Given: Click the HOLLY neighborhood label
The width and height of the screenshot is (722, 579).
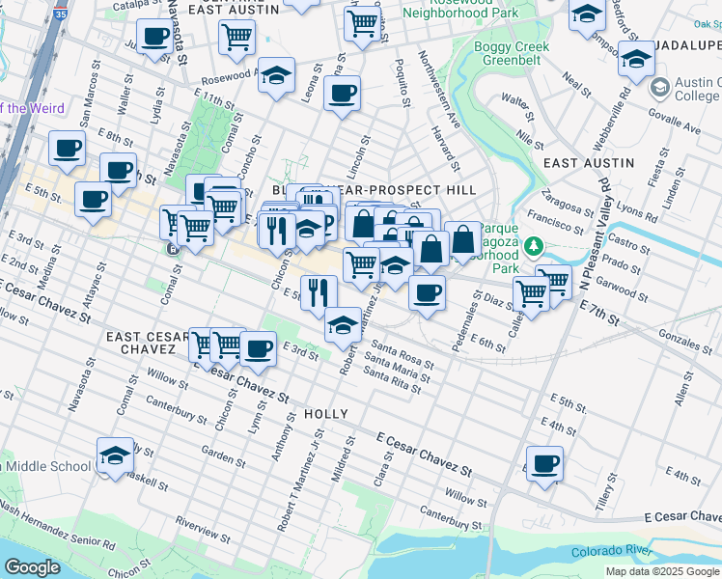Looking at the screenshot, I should pyautogui.click(x=325, y=413).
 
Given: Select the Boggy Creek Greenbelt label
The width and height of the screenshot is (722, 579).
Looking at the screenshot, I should pyautogui.click(x=512, y=54).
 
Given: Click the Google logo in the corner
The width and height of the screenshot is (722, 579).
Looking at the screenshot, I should pyautogui.click(x=32, y=567).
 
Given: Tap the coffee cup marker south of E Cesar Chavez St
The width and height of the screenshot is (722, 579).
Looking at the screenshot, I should pyautogui.click(x=544, y=464).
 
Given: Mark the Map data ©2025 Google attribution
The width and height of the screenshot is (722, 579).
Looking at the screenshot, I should pyautogui.click(x=662, y=571).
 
